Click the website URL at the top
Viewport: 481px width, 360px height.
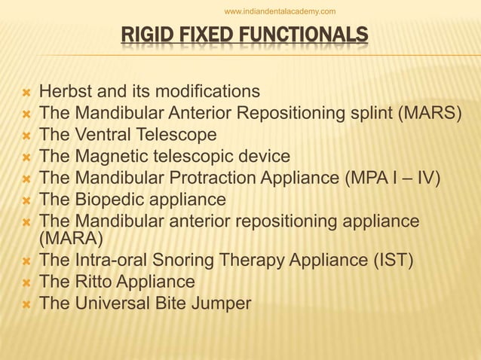tap(280, 11)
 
